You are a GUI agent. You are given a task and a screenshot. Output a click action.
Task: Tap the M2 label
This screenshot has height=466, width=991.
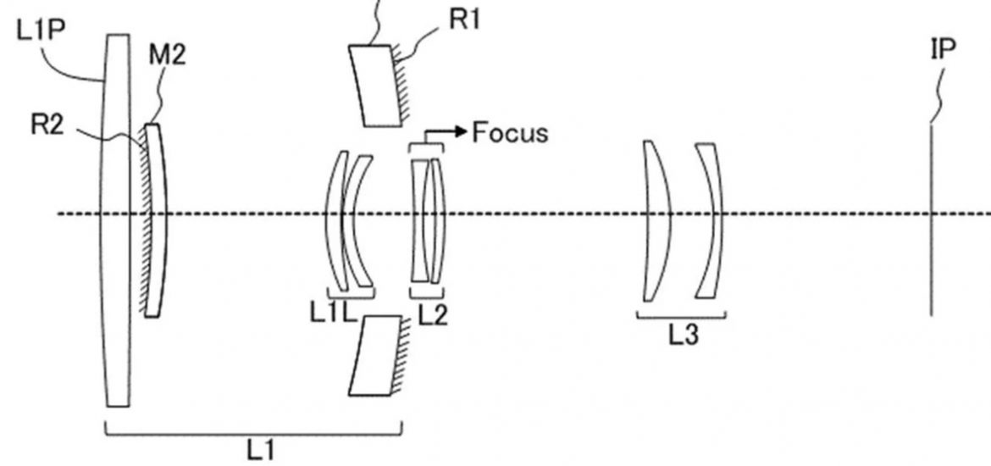tap(168, 56)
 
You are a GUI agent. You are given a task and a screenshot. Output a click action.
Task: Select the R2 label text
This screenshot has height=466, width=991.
tap(47, 125)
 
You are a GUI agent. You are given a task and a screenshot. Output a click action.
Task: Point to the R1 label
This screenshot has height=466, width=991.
tap(464, 19)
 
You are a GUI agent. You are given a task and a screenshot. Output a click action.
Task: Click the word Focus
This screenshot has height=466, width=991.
tap(510, 133)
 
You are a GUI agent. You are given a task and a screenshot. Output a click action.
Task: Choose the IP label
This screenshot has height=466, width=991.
tap(943, 48)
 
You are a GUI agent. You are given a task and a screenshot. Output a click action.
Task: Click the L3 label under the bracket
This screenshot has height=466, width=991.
tap(684, 336)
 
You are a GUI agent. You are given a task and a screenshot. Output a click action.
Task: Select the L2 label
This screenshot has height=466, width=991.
tap(432, 315)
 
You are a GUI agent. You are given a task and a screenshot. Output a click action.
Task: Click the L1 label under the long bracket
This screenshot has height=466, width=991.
tap(260, 452)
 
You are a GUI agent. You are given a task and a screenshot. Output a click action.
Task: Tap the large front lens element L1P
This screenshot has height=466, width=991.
tap(117, 220)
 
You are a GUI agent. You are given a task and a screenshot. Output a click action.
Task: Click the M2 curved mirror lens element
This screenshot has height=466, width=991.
tap(156, 220)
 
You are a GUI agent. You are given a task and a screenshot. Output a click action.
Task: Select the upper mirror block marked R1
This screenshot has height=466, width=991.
tap(375, 86)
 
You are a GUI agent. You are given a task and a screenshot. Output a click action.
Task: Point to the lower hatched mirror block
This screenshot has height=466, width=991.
tap(375, 355)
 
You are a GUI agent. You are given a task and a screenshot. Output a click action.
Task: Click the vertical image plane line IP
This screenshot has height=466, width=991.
tap(931, 220)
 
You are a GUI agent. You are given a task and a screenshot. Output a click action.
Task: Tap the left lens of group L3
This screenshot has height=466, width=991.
tap(657, 220)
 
